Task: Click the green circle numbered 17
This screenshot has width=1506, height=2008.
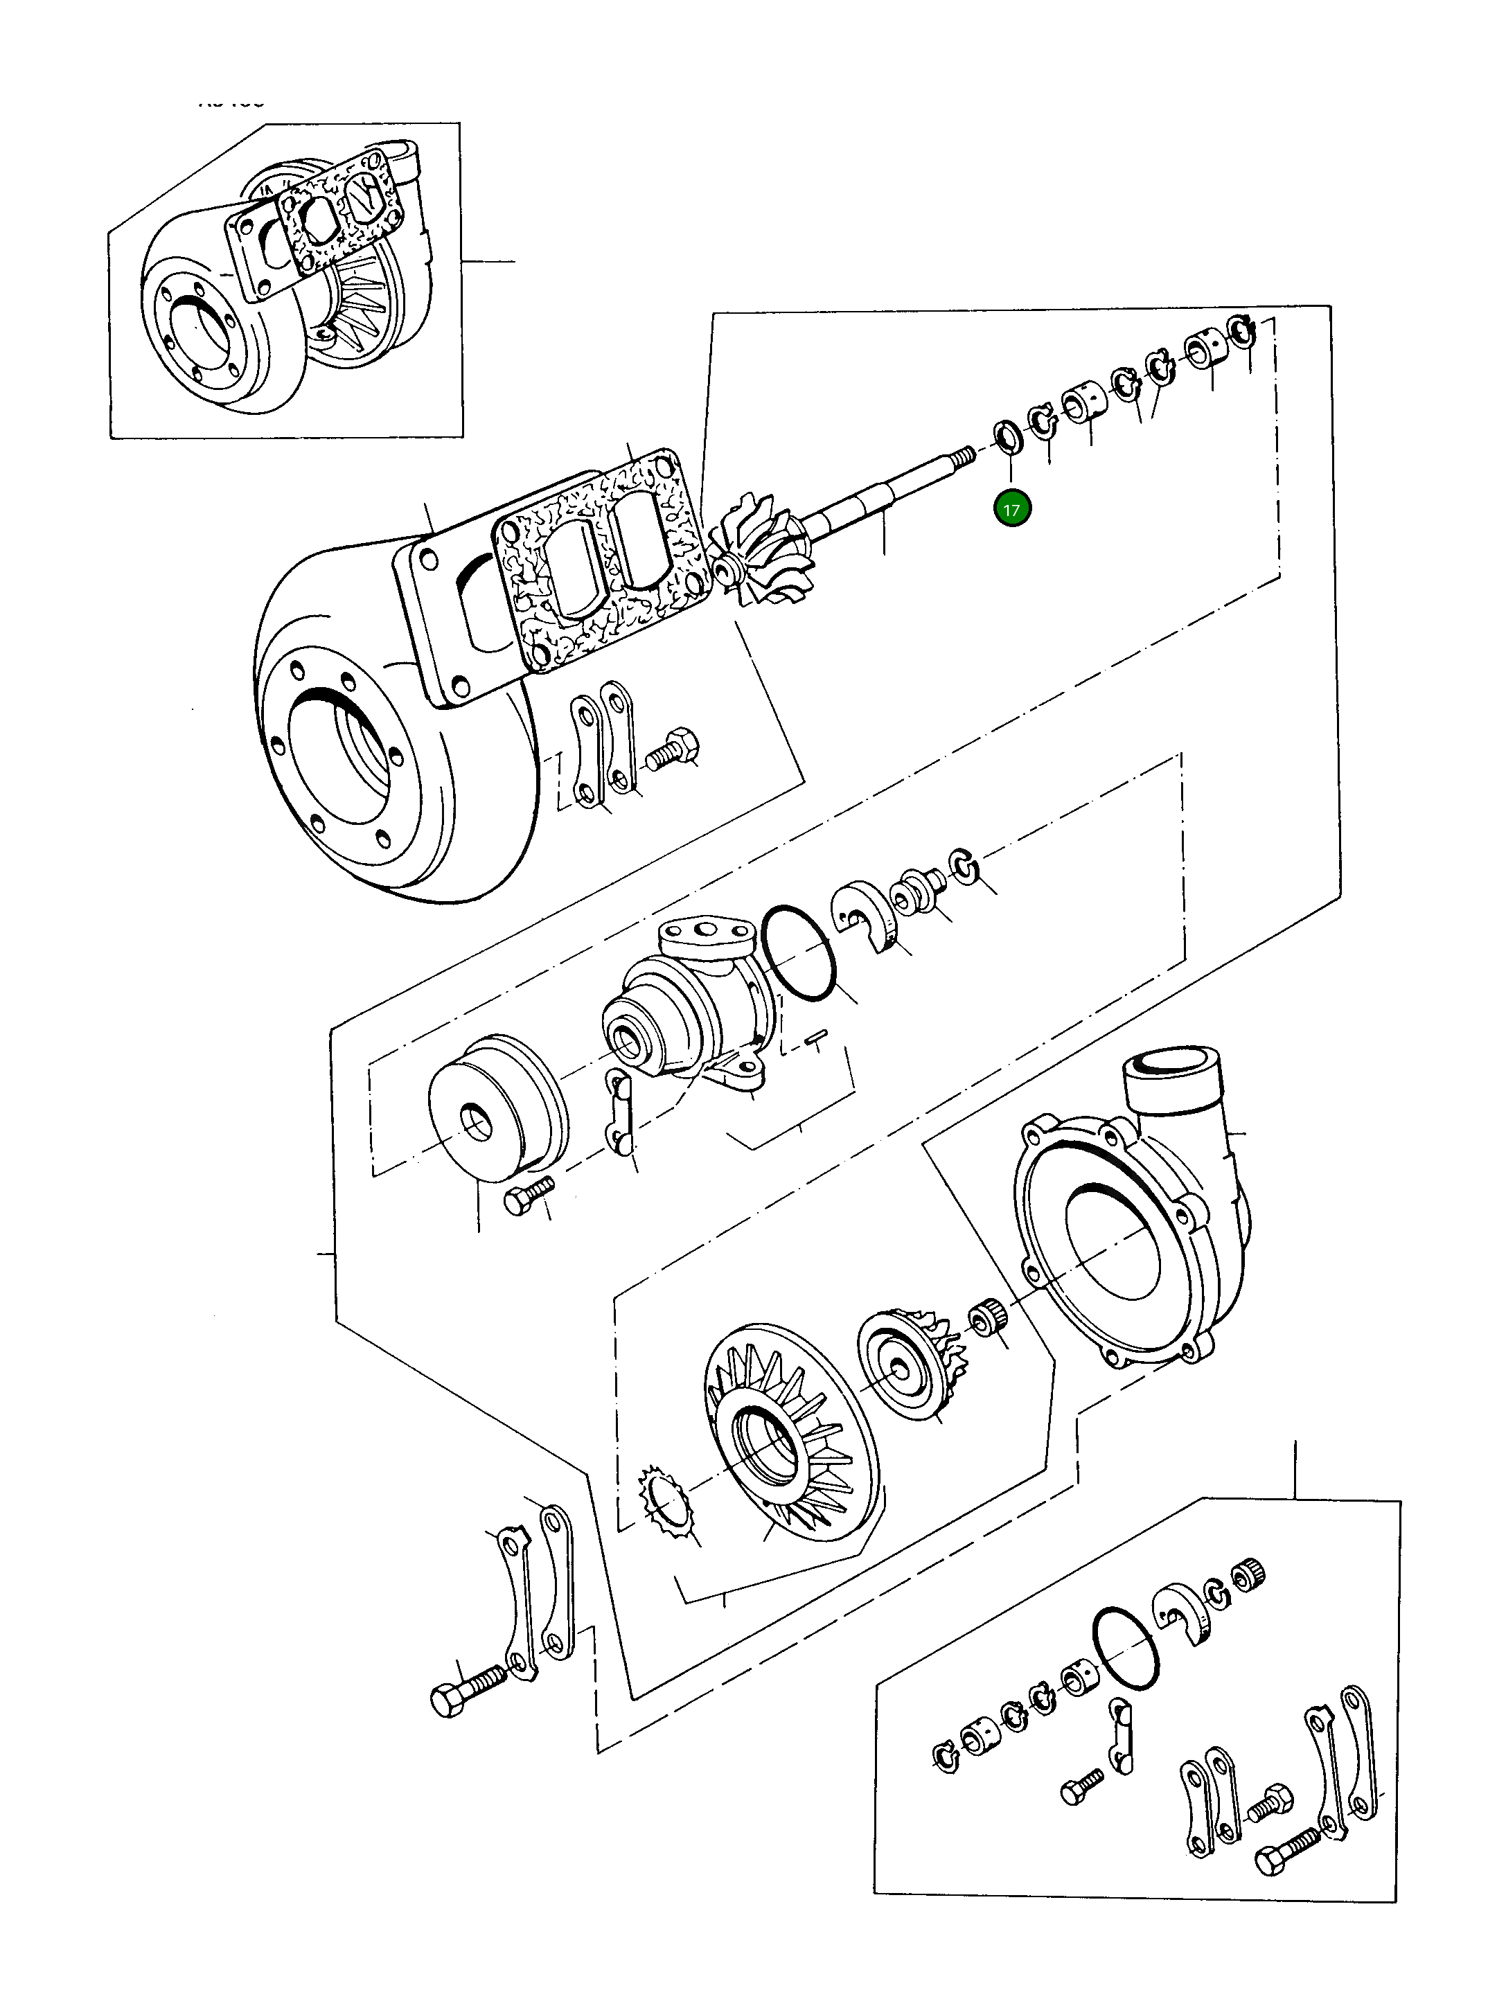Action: point(1011,509)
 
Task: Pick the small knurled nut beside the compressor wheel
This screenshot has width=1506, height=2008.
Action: point(984,1315)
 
